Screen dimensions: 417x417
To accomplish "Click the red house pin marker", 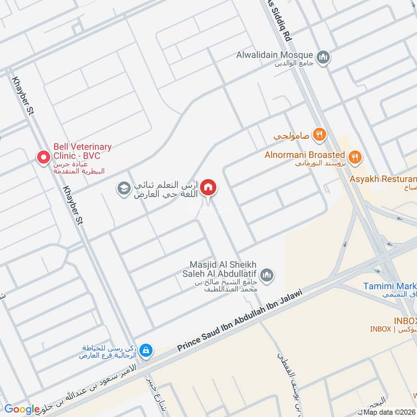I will pyautogui.click(x=208, y=187).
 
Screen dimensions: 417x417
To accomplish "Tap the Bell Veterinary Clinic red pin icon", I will pyautogui.click(x=43, y=156).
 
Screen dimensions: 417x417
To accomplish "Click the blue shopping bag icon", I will pyautogui.click(x=147, y=348).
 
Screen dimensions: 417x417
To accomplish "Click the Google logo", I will pyautogui.click(x=22, y=409).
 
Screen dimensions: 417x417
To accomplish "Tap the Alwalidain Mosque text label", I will pyautogui.click(x=274, y=55).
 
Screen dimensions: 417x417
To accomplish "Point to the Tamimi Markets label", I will pyautogui.click(x=390, y=286).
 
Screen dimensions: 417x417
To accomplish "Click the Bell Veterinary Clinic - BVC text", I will pyautogui.click(x=82, y=152).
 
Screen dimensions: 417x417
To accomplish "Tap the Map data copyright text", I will pyautogui.click(x=390, y=412).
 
